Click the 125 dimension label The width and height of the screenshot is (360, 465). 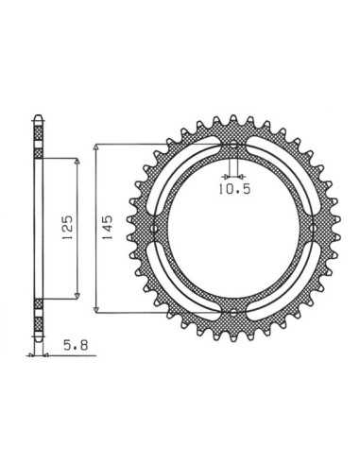[x=68, y=228]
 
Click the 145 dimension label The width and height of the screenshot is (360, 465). [x=108, y=228]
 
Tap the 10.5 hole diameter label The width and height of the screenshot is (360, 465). [x=234, y=189]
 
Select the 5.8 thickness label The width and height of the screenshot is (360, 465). [x=76, y=346]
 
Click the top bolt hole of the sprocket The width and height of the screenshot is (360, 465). [x=233, y=146]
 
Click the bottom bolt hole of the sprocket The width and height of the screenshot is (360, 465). [x=233, y=314]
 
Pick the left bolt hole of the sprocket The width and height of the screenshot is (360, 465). [x=154, y=228]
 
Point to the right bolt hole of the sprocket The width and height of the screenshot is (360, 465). [x=313, y=228]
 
